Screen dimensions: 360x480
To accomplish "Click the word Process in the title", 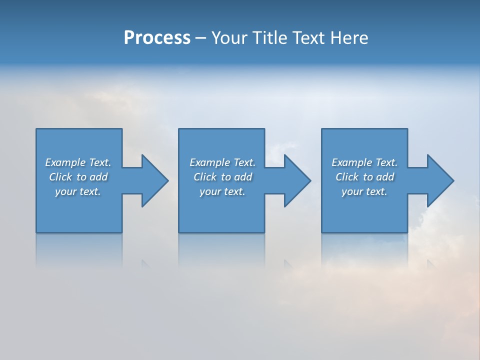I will (157, 38).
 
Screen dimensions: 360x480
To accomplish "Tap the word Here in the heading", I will (349, 38).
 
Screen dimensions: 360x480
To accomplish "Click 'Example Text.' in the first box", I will (78, 162).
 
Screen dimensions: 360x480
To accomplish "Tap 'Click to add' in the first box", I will (78, 177).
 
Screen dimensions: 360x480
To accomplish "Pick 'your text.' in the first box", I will (78, 191).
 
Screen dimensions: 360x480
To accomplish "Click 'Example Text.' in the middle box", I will (222, 162).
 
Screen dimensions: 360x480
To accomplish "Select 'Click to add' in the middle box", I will (222, 177).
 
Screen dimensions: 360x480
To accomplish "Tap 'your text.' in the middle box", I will (222, 191).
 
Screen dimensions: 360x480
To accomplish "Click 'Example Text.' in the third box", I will (364, 162).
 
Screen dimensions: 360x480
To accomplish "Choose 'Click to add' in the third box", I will (364, 177).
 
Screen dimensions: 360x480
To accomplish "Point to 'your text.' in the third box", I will (364, 191).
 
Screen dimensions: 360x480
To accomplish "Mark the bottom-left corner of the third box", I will (322, 231).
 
